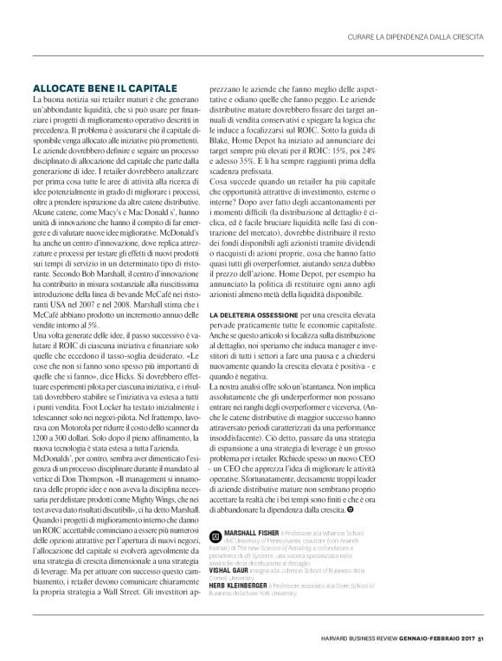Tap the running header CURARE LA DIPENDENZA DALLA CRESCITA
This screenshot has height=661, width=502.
point(409,35)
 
